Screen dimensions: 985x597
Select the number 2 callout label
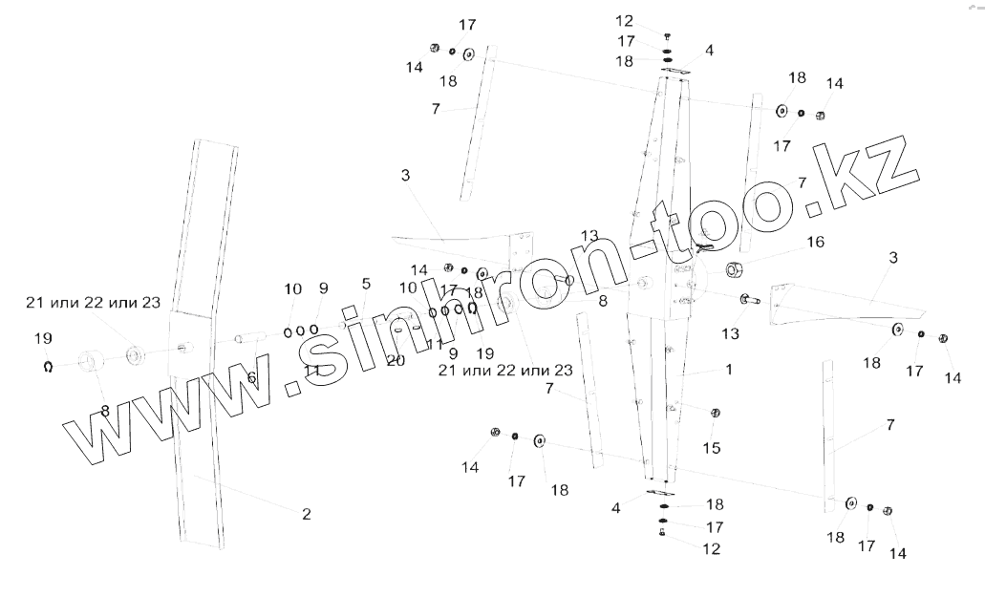point(307,514)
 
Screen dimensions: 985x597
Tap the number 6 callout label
point(251,378)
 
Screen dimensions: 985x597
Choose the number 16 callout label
point(814,243)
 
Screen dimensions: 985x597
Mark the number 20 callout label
point(396,360)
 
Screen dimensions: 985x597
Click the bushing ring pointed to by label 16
point(736,269)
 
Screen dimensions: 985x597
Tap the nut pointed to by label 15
point(715,413)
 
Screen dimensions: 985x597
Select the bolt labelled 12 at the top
point(667,34)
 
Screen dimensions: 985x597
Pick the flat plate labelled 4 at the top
point(674,70)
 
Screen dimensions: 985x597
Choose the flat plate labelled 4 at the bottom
point(659,492)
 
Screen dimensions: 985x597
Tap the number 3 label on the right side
point(893,258)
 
